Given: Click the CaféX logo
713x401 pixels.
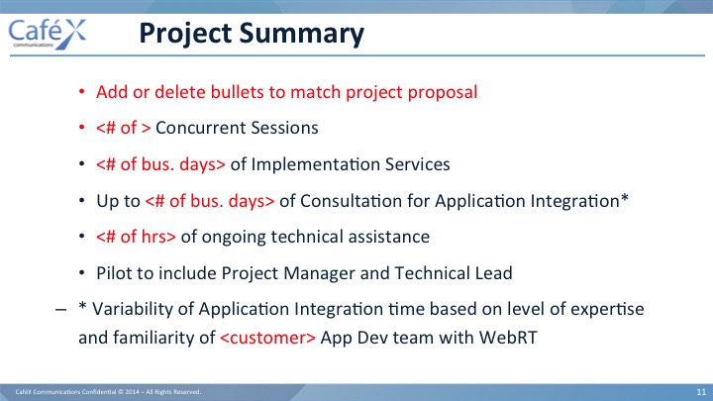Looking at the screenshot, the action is click(48, 34).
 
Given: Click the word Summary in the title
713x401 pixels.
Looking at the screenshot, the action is click(301, 35).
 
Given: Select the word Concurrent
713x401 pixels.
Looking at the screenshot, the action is click(200, 128).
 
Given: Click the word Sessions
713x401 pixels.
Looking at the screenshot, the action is click(284, 128).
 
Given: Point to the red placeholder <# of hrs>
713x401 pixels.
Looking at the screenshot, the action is click(136, 237).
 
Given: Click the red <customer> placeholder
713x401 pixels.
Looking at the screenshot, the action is click(267, 338).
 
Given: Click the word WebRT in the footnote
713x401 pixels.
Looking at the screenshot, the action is click(508, 338).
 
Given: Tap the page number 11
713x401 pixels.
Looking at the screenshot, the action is click(701, 392).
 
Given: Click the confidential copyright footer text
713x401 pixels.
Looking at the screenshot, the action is click(108, 391).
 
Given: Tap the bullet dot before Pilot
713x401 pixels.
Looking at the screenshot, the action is click(82, 273).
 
